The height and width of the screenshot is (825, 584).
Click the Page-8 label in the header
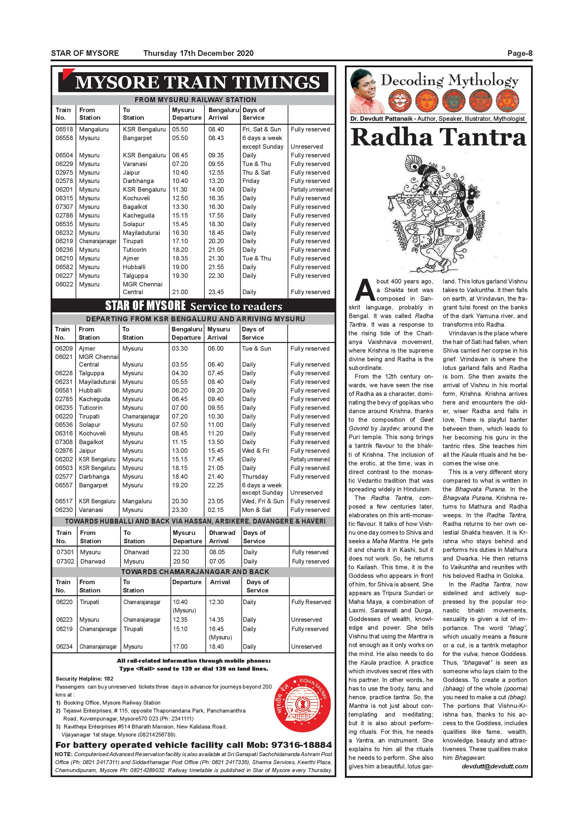tap(520, 54)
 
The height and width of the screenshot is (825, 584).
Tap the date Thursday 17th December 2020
tap(198, 54)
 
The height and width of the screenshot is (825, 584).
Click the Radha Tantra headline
tap(438, 138)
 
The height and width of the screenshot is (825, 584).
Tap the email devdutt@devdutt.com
tap(494, 766)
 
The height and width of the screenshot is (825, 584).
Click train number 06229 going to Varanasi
tap(64, 164)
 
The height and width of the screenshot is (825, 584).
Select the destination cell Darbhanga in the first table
tap(138, 181)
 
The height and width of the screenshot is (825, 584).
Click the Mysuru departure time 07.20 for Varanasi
tap(180, 164)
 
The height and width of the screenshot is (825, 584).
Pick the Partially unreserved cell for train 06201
tap(311, 190)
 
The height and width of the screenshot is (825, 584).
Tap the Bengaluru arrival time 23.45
tap(216, 292)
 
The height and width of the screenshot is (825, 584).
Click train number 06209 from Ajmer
tap(64, 349)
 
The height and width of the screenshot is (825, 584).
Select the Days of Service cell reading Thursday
tap(255, 477)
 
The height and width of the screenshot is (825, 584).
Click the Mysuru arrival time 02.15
tap(215, 510)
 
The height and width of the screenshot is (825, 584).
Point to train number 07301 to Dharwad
tap(65, 552)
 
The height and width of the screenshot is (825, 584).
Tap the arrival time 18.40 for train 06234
tap(216, 646)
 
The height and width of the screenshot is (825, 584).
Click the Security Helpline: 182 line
tap(85, 679)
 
